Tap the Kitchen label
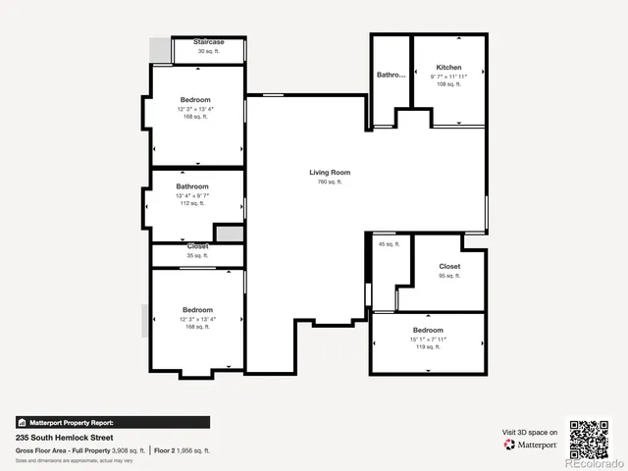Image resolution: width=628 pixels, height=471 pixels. pos(448,67)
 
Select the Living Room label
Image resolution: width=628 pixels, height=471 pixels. pos(330,173)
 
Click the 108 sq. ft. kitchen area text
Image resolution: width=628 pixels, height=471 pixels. pos(448,84)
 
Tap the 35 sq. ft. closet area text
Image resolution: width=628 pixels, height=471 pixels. pos(198,255)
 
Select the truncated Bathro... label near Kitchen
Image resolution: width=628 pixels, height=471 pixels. pos(392,75)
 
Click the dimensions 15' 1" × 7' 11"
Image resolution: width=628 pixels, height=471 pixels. pos(428,340)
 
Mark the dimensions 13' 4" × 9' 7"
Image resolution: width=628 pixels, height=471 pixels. pos(192,195)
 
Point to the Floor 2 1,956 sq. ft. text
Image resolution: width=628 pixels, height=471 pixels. pos(183,449)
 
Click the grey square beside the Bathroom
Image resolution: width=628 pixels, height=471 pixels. pos(229,234)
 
